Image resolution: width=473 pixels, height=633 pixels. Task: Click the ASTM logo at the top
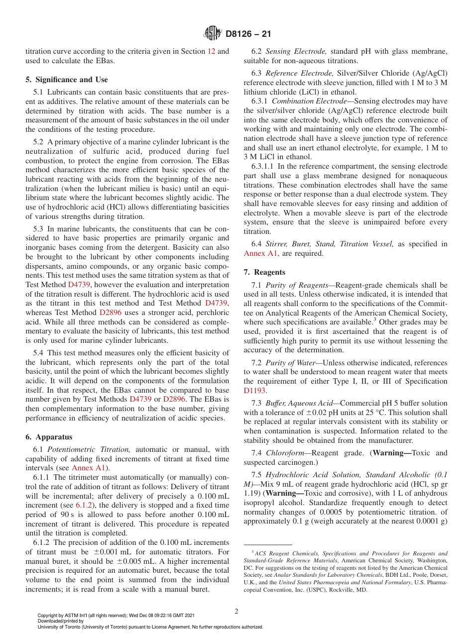213,34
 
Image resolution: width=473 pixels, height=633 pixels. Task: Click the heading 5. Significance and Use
66,79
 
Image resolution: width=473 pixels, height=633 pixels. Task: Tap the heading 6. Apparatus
49,436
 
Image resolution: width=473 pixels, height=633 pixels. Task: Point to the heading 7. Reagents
264,272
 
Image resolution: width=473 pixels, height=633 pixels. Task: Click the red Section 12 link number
211,51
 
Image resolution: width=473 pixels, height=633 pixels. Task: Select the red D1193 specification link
255,391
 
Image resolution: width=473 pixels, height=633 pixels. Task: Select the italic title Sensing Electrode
296,51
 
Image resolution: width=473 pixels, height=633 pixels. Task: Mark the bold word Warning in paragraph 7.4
390,453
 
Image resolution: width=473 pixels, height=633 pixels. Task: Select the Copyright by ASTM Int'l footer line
116,615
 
